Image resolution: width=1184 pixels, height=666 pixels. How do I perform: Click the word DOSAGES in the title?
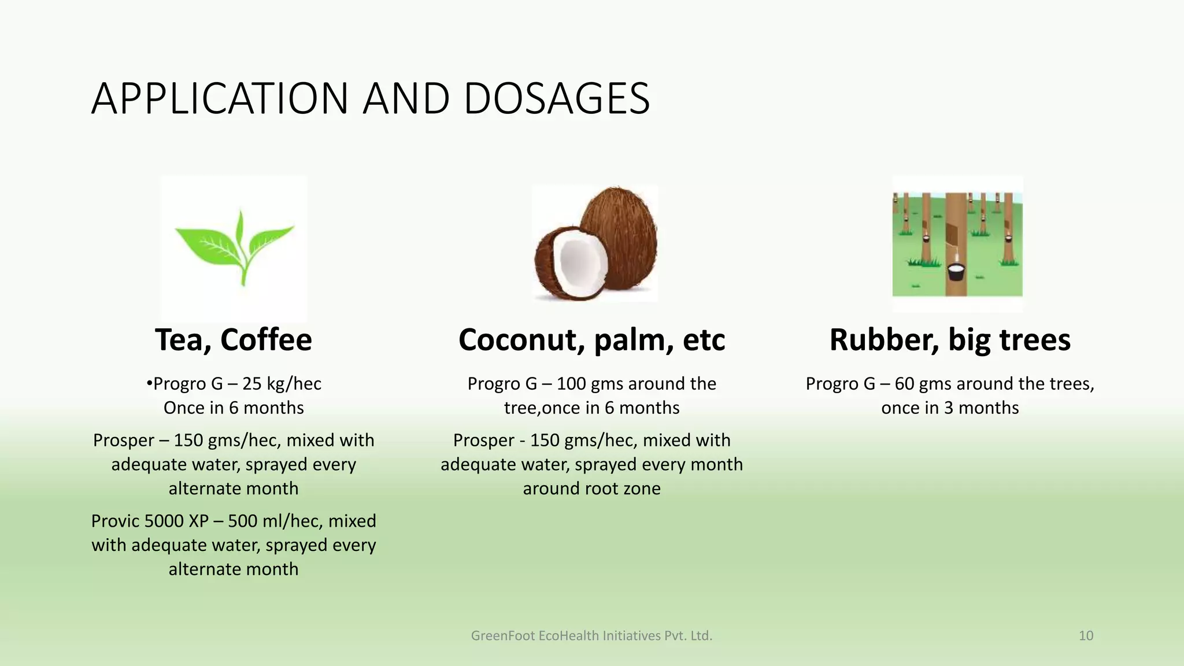[556, 99]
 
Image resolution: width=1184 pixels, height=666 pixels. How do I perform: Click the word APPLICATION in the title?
[220, 99]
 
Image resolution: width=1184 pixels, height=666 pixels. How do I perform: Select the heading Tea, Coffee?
[234, 340]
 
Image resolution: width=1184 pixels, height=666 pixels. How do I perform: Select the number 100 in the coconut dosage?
[571, 384]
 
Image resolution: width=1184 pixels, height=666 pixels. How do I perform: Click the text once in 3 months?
[950, 408]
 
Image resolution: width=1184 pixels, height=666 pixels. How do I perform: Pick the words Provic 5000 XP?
[150, 521]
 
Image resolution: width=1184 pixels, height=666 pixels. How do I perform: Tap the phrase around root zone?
[591, 489]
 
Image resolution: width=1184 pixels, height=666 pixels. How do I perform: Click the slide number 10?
[1086, 636]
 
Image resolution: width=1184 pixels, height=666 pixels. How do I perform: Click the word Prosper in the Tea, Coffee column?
[123, 441]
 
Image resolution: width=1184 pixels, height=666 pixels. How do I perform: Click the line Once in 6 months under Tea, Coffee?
[234, 408]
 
